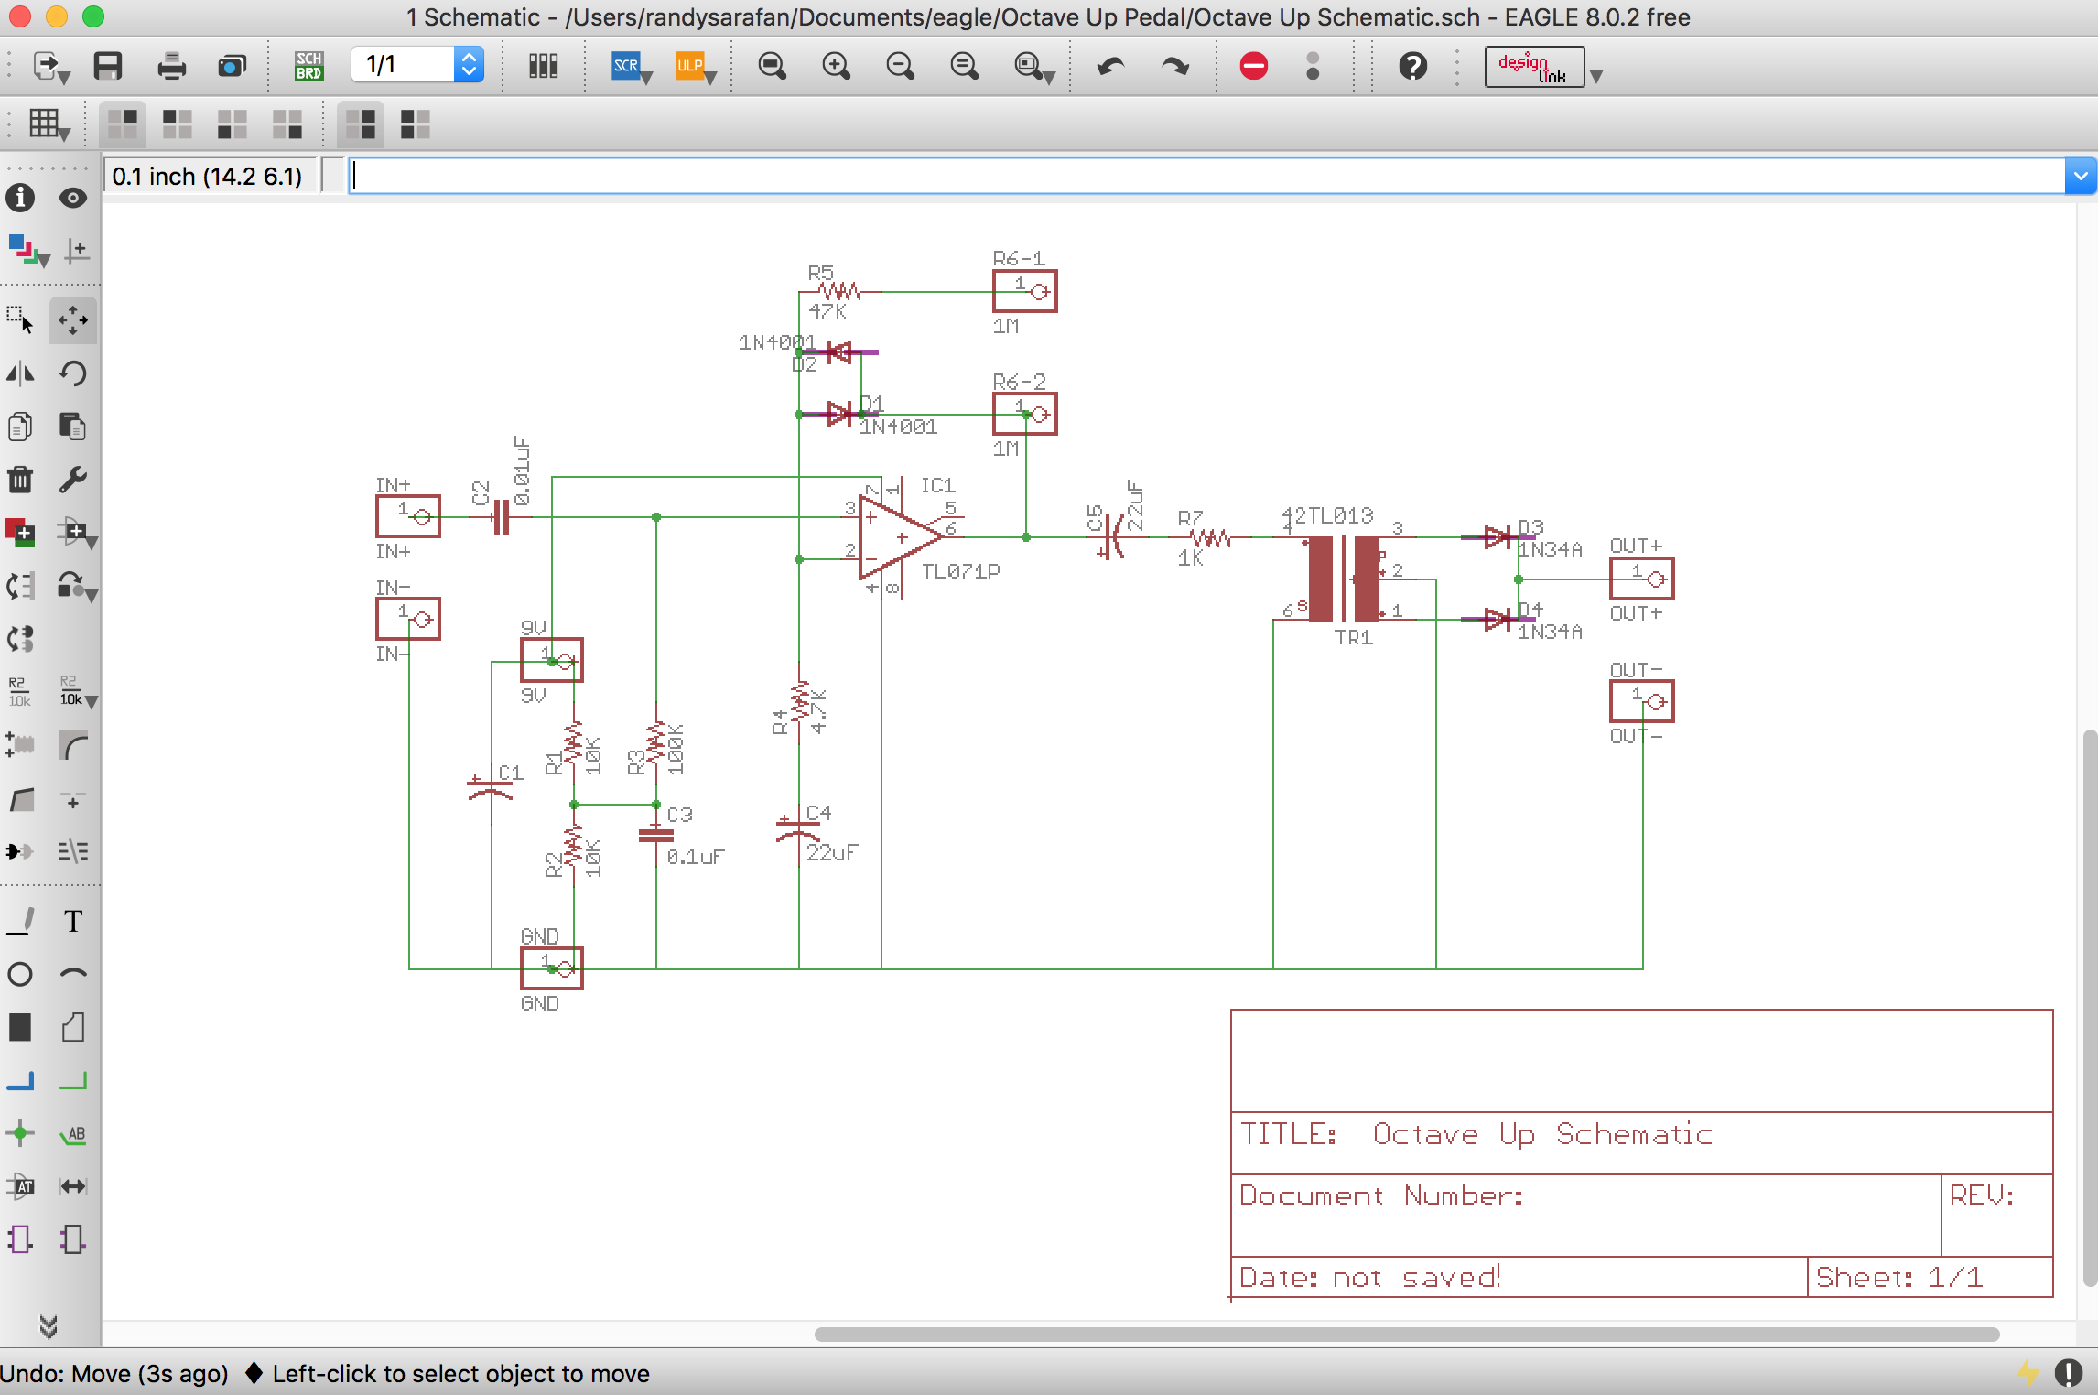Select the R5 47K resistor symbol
839,292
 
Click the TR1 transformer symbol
1344,579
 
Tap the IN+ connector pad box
408,516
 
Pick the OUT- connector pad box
1642,701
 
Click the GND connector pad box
552,968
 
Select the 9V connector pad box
552,660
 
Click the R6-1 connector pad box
1025,291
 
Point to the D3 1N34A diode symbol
1498,537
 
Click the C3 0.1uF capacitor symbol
656,834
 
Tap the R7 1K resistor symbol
1211,538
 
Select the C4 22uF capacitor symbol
798,830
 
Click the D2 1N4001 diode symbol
839,351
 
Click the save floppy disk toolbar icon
108,66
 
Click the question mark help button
1412,66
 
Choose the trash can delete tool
20,479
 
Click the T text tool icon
73,921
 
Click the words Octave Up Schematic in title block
1541,1134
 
